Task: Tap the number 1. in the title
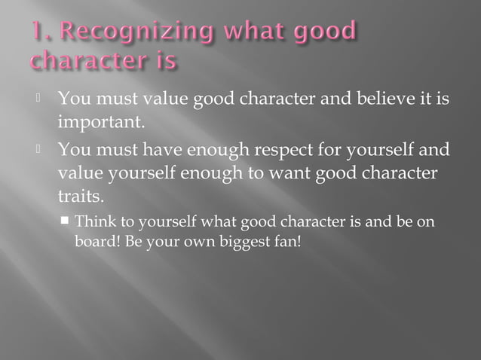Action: click(x=40, y=32)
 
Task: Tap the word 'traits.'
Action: click(x=80, y=197)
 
